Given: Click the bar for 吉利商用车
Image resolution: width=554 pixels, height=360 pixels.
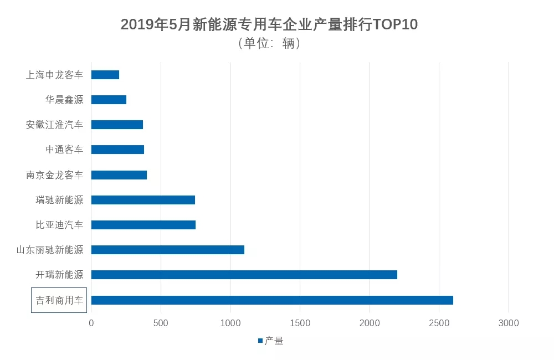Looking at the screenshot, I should [272, 300].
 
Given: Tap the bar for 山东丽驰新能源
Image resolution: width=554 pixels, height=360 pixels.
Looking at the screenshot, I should [167, 250].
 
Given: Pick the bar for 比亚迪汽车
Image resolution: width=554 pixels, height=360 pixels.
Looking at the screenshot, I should [143, 225].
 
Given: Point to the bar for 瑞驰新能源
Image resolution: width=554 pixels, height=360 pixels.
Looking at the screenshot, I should [143, 200].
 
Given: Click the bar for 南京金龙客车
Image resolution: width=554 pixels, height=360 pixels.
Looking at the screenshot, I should [119, 175].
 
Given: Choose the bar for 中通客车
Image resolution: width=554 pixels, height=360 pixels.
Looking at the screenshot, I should [117, 150].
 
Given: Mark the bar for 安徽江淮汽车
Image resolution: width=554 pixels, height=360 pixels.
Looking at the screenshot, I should [117, 125].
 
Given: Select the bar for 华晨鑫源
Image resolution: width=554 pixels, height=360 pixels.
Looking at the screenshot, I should [109, 100].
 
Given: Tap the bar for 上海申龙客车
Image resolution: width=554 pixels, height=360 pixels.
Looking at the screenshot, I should [105, 75].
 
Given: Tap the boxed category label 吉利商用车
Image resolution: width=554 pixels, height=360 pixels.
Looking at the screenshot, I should [59, 300].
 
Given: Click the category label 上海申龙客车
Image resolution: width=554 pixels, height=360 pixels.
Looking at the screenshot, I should [55, 75].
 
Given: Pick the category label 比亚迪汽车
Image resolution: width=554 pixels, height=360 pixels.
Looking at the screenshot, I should [59, 225].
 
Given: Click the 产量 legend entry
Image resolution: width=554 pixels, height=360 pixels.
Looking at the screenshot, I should [271, 341].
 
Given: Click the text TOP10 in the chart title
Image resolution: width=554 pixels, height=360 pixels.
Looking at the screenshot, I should [395, 24].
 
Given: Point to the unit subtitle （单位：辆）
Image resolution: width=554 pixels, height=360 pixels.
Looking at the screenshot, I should [269, 43].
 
